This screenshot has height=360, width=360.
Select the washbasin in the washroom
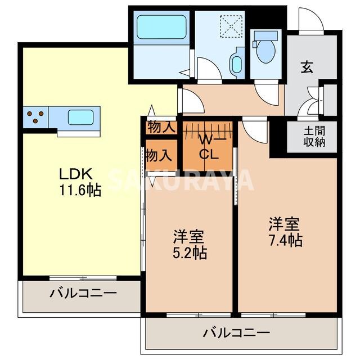[x=236, y=64]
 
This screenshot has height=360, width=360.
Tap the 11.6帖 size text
[x=80, y=191]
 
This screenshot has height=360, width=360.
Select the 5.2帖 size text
[x=189, y=253]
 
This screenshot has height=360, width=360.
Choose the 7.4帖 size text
[x=285, y=240]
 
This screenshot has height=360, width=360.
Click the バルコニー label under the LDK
[x=82, y=292]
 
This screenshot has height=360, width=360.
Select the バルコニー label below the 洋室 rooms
[x=236, y=332]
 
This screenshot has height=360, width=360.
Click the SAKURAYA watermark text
[x=180, y=180]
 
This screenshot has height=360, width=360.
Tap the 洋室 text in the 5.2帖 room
[x=188, y=236]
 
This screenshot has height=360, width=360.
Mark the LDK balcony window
[x=83, y=277]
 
